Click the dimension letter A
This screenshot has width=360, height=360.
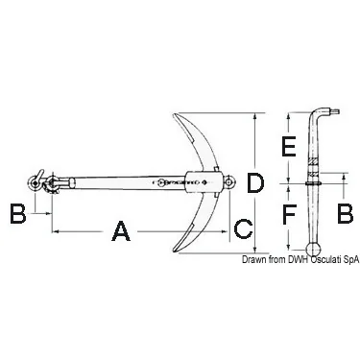tap(121, 230)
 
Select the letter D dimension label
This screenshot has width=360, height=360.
tap(255, 183)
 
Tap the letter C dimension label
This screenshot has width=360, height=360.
tap(244, 229)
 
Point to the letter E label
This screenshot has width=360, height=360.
tap(289, 147)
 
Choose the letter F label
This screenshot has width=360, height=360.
tap(289, 213)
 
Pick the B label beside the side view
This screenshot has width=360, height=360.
tap(346, 213)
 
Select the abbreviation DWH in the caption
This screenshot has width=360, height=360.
tap(298, 260)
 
